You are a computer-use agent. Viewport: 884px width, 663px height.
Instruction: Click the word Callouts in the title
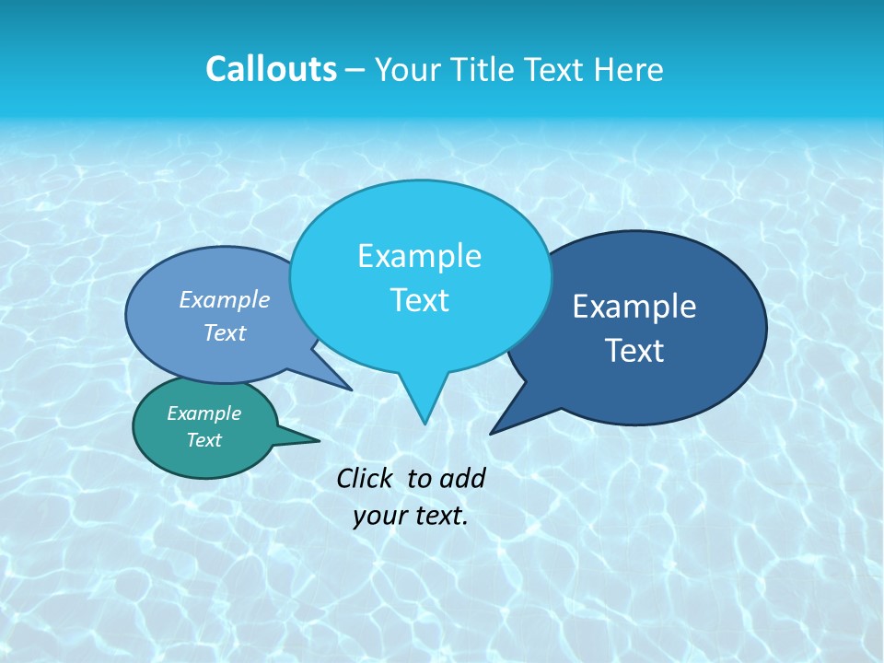click(272, 69)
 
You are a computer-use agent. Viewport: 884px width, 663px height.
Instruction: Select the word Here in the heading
click(631, 70)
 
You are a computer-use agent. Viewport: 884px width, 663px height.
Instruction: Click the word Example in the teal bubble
click(204, 413)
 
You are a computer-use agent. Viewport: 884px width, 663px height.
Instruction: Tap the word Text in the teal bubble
click(204, 440)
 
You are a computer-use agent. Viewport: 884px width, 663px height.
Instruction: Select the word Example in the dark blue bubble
click(634, 307)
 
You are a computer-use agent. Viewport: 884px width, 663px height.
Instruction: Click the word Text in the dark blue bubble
click(634, 351)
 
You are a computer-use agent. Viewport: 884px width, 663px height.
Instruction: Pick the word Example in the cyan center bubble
click(420, 256)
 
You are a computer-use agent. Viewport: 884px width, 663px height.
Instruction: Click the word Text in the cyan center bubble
click(420, 300)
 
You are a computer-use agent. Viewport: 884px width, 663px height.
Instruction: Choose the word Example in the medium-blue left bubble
click(225, 299)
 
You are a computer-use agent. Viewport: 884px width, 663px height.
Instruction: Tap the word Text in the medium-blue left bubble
click(225, 332)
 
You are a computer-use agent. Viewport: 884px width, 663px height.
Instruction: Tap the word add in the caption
click(462, 478)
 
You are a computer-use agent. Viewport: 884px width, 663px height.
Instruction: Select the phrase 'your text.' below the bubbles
click(411, 516)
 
